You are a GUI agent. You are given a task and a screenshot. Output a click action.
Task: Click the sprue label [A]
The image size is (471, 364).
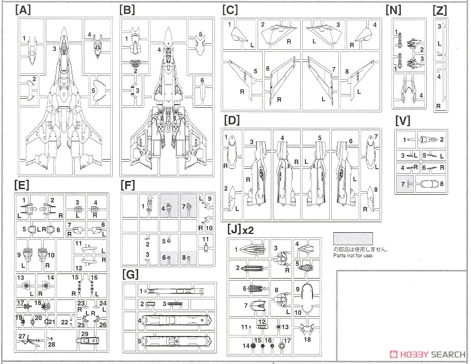click(23, 10)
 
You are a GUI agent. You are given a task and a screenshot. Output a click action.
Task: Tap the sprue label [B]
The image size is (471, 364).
click(127, 10)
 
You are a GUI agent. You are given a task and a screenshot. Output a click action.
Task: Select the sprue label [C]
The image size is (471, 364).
click(230, 10)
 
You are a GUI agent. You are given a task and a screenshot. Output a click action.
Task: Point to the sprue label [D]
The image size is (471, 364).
click(232, 121)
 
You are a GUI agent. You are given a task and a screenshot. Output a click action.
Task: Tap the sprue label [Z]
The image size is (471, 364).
click(439, 10)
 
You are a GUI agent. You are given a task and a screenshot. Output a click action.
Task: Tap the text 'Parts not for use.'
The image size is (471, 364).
click(353, 255)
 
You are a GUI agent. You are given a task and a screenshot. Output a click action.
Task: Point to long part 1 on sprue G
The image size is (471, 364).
click(173, 291)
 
